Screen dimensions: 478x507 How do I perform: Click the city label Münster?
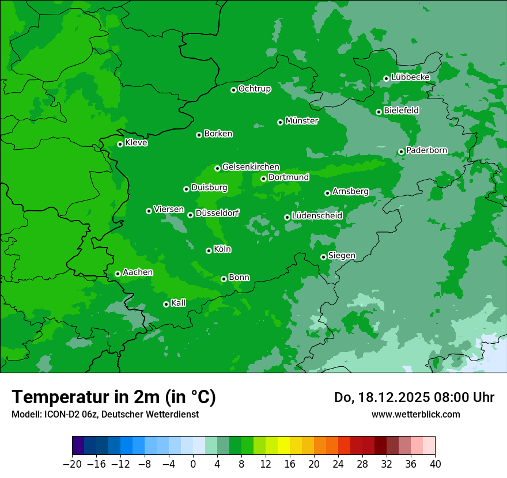coord(302,121)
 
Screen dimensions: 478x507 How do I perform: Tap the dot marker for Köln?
coord(209,251)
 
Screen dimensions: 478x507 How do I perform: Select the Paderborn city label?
coord(427,150)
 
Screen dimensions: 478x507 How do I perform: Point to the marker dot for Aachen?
coord(118,274)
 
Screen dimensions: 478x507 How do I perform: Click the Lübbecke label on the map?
coord(411,77)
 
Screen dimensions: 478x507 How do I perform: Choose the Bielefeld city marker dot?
coord(379,112)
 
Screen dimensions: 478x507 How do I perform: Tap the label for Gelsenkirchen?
coord(251,167)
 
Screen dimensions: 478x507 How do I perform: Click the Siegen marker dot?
coord(323,257)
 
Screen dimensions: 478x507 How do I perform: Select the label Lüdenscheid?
coord(317,216)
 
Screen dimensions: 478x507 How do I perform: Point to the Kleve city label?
coord(136,143)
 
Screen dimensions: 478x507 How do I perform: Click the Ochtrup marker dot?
coord(233,90)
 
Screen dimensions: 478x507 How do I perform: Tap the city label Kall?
coord(179,303)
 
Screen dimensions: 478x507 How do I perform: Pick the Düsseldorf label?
coord(217,214)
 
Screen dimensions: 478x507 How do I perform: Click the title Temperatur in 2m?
coord(113,397)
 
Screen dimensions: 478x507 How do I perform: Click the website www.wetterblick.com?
coord(415,414)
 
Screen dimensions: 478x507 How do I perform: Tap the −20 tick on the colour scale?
coord(73,464)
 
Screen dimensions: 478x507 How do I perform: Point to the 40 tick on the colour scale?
coord(435,464)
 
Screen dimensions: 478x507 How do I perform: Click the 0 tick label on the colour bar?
coord(193,464)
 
